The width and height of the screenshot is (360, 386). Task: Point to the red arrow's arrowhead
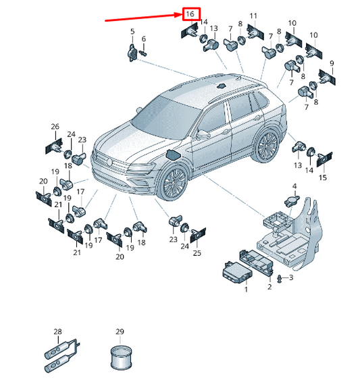(x=178, y=15)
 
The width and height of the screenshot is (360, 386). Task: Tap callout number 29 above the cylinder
(x=120, y=331)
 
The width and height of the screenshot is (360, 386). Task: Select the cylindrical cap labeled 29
(x=121, y=358)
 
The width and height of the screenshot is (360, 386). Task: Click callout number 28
(x=57, y=331)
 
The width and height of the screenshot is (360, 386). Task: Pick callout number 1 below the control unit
(x=246, y=289)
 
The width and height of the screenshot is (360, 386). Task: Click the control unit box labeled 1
(x=237, y=273)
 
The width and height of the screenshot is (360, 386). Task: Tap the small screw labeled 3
(x=280, y=279)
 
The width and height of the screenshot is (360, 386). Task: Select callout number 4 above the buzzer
(x=294, y=186)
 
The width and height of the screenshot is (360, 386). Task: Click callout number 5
(x=132, y=31)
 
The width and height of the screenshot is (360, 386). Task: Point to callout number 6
(x=143, y=38)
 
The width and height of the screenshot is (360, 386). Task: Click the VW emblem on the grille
(x=109, y=162)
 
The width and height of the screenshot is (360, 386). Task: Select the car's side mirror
(x=203, y=134)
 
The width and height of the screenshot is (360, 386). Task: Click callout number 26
(x=55, y=127)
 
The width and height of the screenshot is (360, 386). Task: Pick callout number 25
(x=197, y=253)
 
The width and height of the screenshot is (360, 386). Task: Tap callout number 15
(x=323, y=177)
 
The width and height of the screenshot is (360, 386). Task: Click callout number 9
(x=332, y=63)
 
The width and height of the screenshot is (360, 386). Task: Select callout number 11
(x=253, y=16)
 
